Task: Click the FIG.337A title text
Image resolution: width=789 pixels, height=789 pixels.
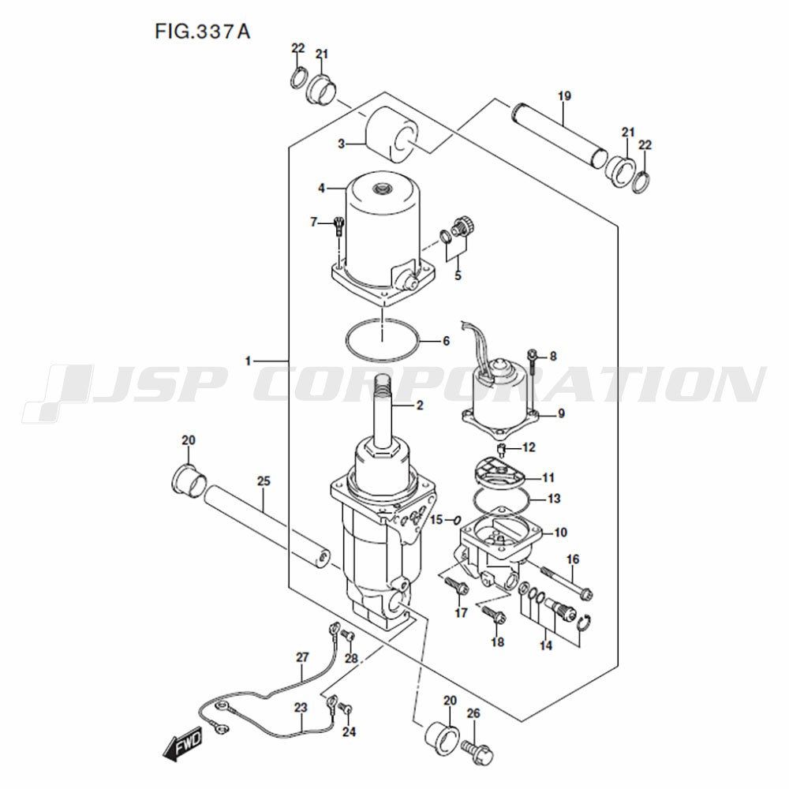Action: click(202, 32)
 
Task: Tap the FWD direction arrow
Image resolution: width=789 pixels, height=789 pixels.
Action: click(183, 742)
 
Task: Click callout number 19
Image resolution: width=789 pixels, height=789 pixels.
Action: click(565, 95)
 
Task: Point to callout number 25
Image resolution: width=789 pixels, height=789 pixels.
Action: click(264, 481)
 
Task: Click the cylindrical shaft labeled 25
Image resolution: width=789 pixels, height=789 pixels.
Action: click(267, 527)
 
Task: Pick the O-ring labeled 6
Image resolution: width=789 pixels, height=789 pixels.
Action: click(383, 339)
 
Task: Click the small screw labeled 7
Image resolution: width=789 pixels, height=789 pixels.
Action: click(338, 226)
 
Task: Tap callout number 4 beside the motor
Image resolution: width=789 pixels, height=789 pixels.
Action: click(322, 189)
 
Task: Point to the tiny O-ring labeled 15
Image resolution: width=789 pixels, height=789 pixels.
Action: click(457, 519)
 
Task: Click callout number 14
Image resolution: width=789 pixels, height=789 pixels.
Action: click(546, 645)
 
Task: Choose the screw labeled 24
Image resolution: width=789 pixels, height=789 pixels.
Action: click(346, 709)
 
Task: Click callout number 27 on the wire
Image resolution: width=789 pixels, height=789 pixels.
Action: click(302, 657)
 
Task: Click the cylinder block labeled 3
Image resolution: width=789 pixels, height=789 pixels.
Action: click(391, 135)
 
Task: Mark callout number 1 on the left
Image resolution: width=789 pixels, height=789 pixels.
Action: click(248, 361)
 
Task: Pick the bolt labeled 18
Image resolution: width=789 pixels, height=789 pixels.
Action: click(494, 614)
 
